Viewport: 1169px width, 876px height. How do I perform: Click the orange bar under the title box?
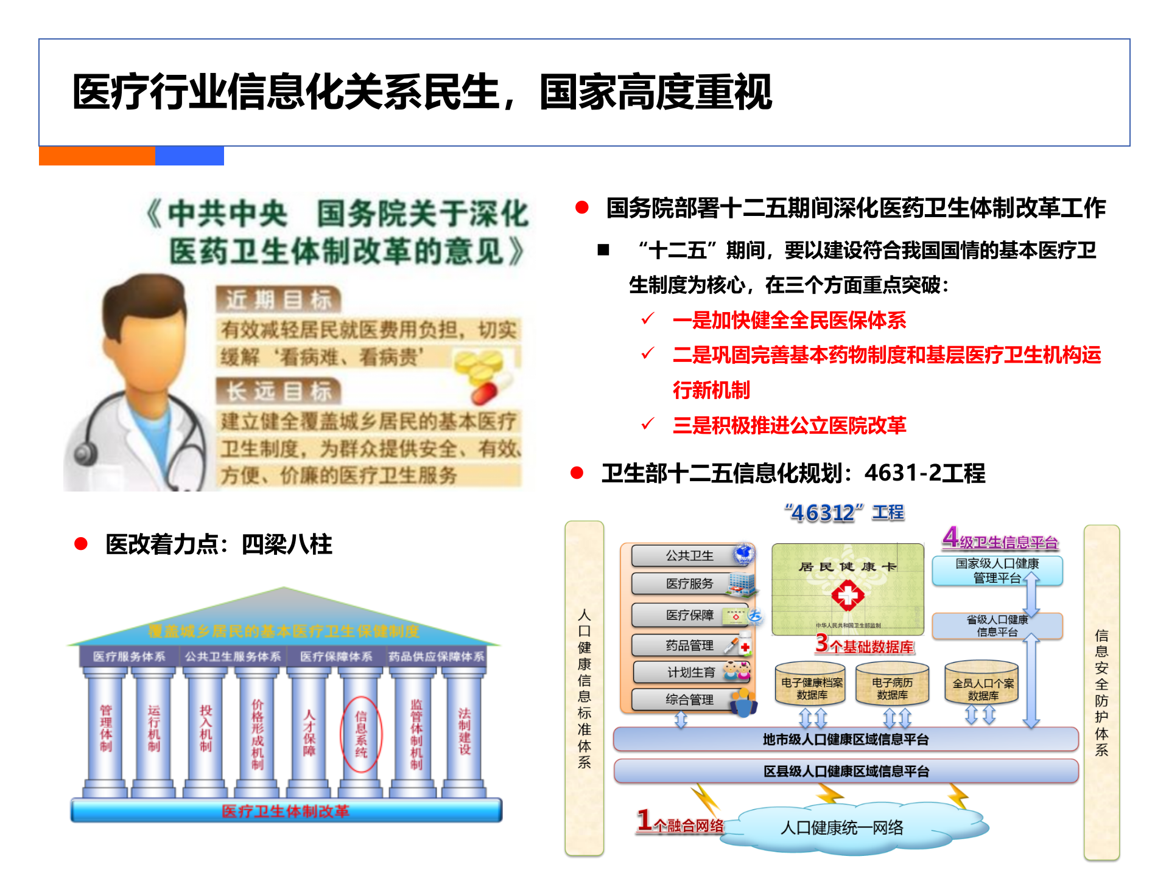pyautogui.click(x=97, y=156)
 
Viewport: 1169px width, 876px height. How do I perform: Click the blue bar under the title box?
pyautogui.click(x=189, y=156)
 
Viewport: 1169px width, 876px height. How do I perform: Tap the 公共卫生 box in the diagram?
pyautogui.click(x=689, y=555)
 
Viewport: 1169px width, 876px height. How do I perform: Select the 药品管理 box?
pyautogui.click(x=689, y=645)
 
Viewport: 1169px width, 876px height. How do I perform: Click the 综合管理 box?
pyautogui.click(x=689, y=700)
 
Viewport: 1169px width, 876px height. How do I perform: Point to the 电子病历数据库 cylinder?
pyautogui.click(x=892, y=687)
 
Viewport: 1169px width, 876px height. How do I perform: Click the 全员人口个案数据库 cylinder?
pyautogui.click(x=982, y=687)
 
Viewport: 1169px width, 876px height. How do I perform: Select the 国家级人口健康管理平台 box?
pyautogui.click(x=997, y=571)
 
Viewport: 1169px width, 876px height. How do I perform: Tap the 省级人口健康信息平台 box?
pyautogui.click(x=997, y=625)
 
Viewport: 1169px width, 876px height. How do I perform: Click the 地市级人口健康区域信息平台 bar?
pyautogui.click(x=845, y=739)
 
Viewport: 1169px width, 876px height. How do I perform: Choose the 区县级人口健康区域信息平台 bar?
pyautogui.click(x=845, y=771)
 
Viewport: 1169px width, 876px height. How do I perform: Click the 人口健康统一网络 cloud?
pyautogui.click(x=841, y=827)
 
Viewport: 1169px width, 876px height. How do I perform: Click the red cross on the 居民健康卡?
pyautogui.click(x=848, y=595)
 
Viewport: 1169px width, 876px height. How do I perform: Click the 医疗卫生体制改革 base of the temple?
pyautogui.click(x=286, y=811)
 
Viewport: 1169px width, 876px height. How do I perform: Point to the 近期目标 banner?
pyautogui.click(x=278, y=300)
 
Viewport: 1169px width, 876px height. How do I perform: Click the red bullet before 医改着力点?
pyautogui.click(x=81, y=544)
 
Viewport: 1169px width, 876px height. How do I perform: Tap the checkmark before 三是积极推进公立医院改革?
pyautogui.click(x=648, y=424)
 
